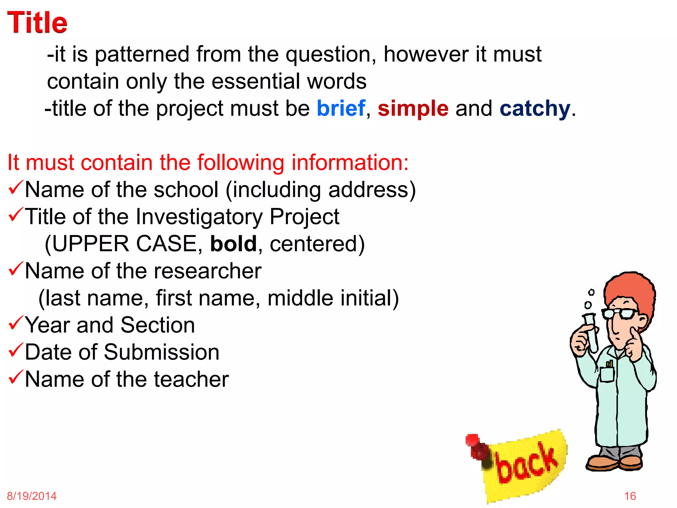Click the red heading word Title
point(37,22)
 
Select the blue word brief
point(341,108)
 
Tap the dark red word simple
point(413,108)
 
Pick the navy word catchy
point(535,109)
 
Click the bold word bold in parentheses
point(233,244)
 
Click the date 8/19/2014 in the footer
point(32,496)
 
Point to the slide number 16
point(630,496)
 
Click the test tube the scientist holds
point(591,332)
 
